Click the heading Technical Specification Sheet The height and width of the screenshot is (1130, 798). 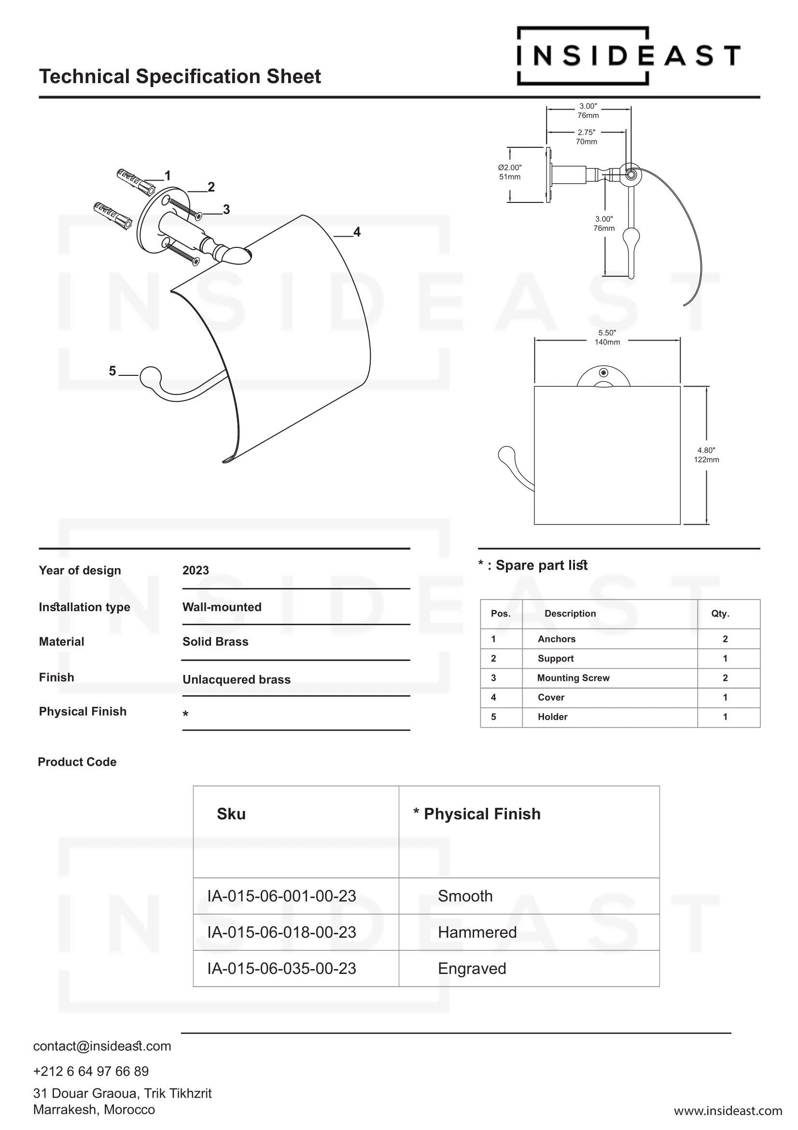(x=180, y=77)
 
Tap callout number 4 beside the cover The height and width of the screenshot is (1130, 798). (x=357, y=232)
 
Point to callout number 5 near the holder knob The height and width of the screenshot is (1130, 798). (x=112, y=371)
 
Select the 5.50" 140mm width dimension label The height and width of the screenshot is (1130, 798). (x=607, y=338)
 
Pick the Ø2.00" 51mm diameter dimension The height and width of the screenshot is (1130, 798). (x=509, y=172)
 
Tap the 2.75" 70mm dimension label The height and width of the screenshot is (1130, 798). (x=586, y=137)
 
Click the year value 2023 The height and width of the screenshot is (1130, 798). (x=196, y=571)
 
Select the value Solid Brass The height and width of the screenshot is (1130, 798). (x=215, y=642)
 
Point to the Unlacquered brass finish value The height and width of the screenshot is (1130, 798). (x=237, y=680)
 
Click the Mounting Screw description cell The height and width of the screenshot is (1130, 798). (x=573, y=678)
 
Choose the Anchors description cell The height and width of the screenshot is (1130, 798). (x=557, y=639)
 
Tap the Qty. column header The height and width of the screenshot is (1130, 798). (x=720, y=614)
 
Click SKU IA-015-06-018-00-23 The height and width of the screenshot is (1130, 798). (x=282, y=932)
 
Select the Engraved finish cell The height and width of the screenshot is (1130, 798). (x=472, y=969)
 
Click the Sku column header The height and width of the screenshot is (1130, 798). (x=231, y=814)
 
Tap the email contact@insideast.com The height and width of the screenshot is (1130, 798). (x=102, y=1046)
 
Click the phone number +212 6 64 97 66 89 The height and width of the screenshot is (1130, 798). (x=91, y=1072)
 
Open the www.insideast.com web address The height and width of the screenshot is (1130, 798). (x=728, y=1111)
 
